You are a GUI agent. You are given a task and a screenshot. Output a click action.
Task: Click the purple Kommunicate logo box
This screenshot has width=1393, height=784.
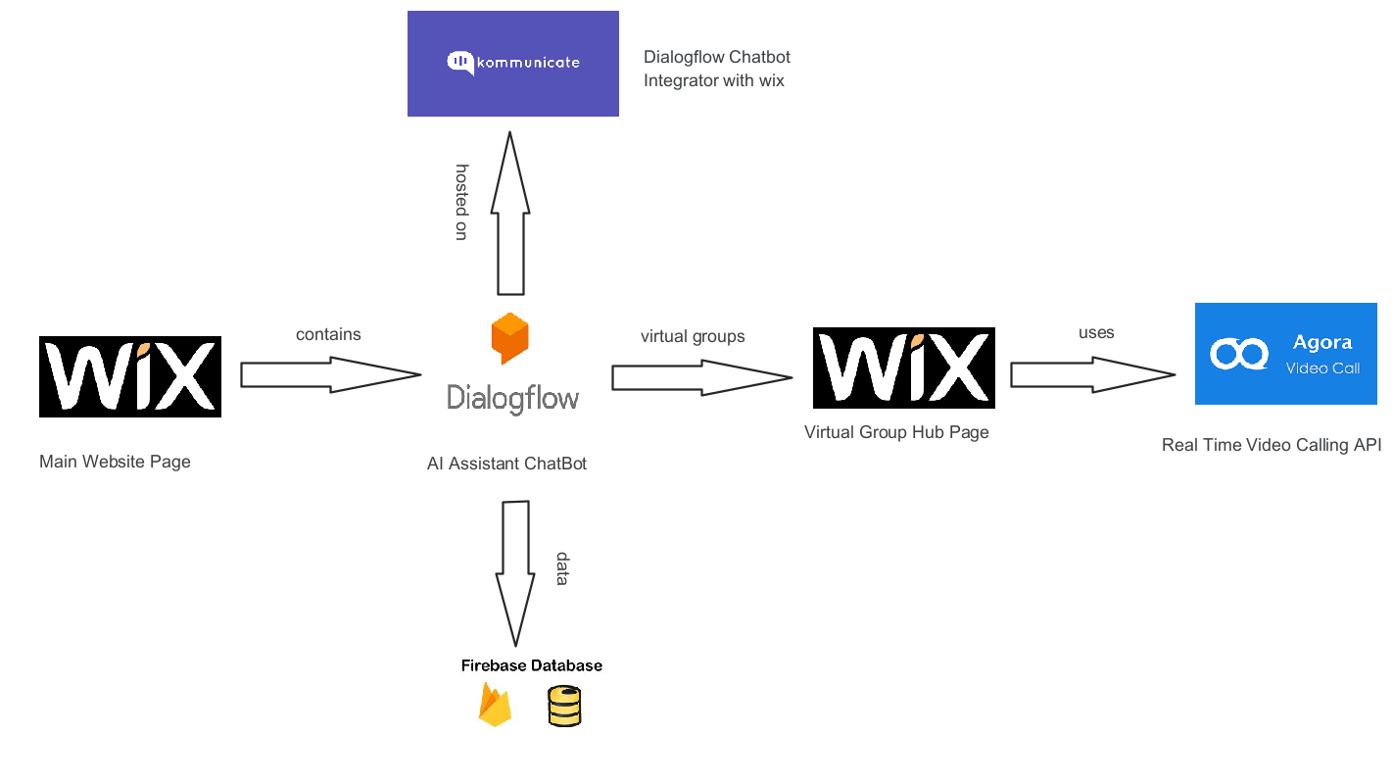(512, 64)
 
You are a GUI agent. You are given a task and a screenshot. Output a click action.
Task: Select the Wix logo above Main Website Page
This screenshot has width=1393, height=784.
(130, 376)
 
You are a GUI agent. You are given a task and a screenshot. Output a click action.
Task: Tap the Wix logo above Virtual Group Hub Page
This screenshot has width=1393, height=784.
(903, 367)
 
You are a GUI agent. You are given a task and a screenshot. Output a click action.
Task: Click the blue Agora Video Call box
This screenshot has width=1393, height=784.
(1285, 354)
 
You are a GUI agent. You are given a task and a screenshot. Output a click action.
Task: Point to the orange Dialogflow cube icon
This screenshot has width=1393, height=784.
(509, 338)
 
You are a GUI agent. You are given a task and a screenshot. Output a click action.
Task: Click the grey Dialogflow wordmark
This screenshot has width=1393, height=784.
(512, 397)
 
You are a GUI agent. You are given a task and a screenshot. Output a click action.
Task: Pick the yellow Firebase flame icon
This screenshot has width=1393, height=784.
(495, 706)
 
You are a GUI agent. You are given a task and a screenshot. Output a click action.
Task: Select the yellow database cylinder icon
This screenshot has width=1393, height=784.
(564, 707)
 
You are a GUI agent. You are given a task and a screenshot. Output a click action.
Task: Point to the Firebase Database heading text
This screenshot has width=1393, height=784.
(532, 665)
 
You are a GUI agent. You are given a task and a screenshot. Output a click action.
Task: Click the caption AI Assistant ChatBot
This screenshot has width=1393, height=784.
(506, 464)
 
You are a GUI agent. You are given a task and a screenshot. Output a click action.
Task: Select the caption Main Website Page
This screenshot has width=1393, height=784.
(115, 462)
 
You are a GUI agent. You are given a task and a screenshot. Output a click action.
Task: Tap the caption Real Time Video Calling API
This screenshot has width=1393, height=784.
(1271, 445)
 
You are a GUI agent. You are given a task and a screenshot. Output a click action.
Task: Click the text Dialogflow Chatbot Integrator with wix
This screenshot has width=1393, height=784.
(716, 69)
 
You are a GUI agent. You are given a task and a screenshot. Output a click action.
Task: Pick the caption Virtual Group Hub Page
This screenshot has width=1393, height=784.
(896, 432)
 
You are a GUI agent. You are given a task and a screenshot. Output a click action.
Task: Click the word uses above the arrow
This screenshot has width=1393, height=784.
(1096, 333)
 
